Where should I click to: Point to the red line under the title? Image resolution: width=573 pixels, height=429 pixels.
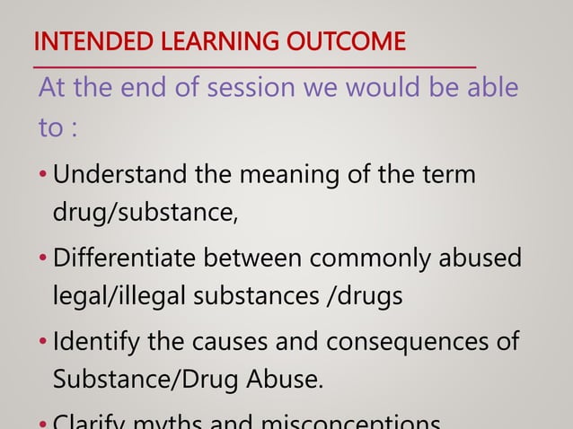click(x=254, y=66)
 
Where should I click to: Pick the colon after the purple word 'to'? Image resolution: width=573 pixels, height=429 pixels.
click(x=74, y=128)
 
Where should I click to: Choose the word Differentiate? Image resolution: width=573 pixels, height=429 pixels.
click(x=125, y=258)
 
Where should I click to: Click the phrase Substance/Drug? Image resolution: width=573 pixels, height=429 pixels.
click(x=145, y=381)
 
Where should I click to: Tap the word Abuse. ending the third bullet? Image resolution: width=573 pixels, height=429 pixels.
click(x=288, y=381)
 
